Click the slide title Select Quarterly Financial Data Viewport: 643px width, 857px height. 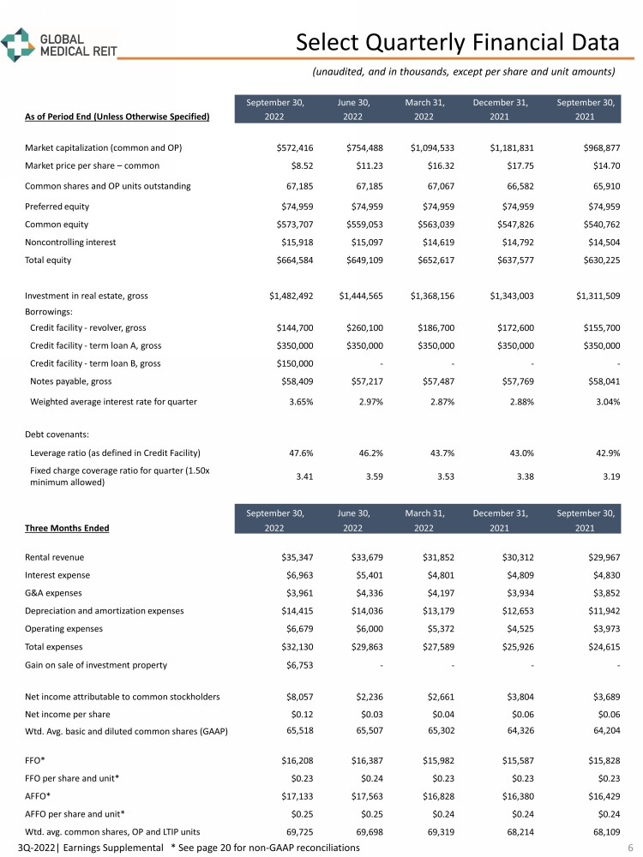pyautogui.click(x=457, y=42)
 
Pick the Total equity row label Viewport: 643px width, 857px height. pyautogui.click(x=48, y=260)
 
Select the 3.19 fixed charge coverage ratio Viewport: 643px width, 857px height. pyautogui.click(x=608, y=476)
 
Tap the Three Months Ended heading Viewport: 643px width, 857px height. pyautogui.click(x=59, y=528)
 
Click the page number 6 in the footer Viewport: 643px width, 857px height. pyautogui.click(x=629, y=847)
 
